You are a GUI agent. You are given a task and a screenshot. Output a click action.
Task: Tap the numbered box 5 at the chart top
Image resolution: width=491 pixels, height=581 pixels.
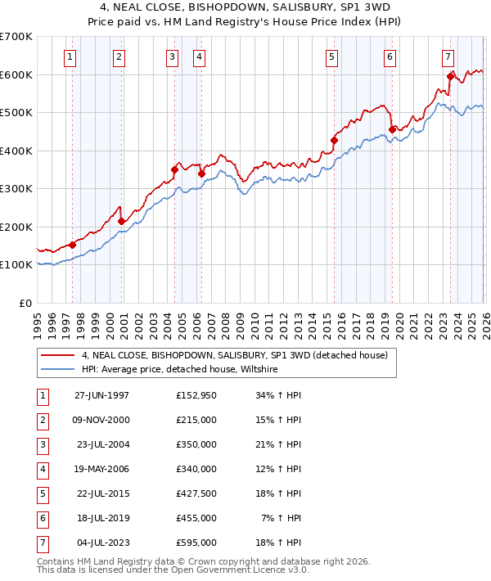(x=331, y=56)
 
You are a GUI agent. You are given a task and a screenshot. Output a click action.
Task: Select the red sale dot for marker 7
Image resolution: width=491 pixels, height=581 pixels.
(x=450, y=77)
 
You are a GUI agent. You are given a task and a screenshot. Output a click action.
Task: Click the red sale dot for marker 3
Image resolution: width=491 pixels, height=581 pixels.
(x=174, y=170)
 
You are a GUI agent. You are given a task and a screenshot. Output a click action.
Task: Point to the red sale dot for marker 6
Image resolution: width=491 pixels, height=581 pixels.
(x=392, y=129)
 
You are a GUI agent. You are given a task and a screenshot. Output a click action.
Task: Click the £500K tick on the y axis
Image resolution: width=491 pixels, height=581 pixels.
(x=16, y=112)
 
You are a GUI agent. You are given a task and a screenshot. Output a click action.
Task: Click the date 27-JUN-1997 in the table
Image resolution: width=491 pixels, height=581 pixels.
(x=101, y=395)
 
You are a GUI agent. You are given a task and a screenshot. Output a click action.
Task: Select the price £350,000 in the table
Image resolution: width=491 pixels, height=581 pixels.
(x=196, y=444)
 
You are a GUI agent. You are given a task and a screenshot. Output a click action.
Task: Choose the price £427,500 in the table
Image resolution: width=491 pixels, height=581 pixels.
(x=196, y=493)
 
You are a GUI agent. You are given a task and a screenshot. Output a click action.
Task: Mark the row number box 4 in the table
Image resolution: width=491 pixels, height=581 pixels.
(x=42, y=469)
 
